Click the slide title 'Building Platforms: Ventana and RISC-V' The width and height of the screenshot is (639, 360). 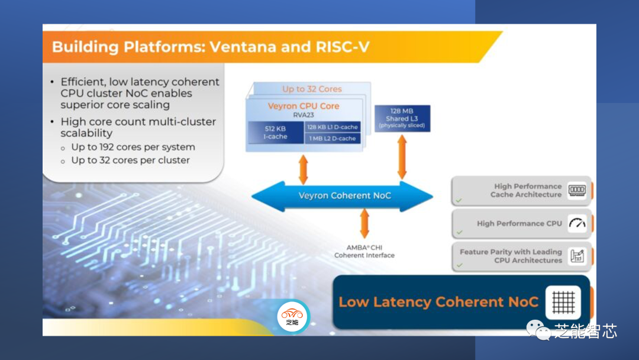tap(211, 47)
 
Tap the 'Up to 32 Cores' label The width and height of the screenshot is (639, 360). tap(312, 89)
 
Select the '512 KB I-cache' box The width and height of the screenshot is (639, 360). tap(275, 133)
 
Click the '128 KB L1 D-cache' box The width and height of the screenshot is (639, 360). tap(331, 127)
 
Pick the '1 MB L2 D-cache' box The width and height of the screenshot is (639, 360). tap(331, 139)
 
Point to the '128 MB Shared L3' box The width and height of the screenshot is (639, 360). tap(402, 118)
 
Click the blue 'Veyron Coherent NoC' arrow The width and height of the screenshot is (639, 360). tap(343, 196)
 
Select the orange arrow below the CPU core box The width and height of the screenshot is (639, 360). tap(303, 169)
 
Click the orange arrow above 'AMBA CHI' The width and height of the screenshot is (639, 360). tap(364, 224)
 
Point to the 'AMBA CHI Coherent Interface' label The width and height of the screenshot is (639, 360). tap(364, 251)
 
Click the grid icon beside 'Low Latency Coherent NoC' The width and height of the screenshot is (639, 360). tap(563, 302)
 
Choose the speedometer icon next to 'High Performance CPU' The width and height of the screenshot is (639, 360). tap(577, 224)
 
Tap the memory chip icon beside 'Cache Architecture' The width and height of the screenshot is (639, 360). tap(577, 190)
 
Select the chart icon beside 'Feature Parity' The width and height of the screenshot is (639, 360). tap(577, 256)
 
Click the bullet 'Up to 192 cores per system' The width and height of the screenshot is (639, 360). tap(133, 147)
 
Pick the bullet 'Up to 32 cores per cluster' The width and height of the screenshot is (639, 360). tap(130, 160)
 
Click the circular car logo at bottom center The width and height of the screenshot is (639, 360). tap(292, 316)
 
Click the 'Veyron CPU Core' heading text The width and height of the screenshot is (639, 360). tap(304, 106)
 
